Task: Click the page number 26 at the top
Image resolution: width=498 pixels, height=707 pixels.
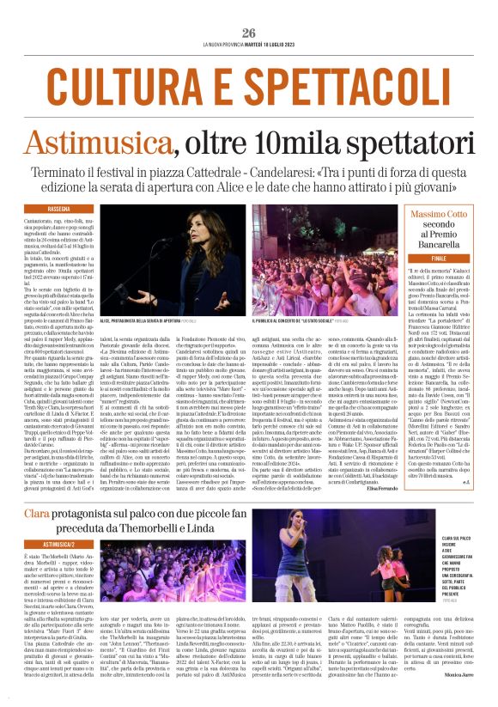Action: [249, 33]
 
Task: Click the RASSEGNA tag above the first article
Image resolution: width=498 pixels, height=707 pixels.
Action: [59, 209]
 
